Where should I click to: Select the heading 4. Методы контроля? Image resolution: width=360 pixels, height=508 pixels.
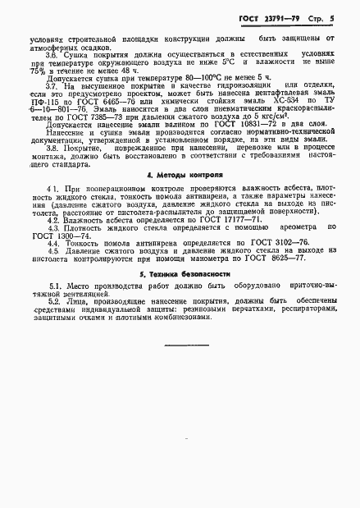click(180, 197)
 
